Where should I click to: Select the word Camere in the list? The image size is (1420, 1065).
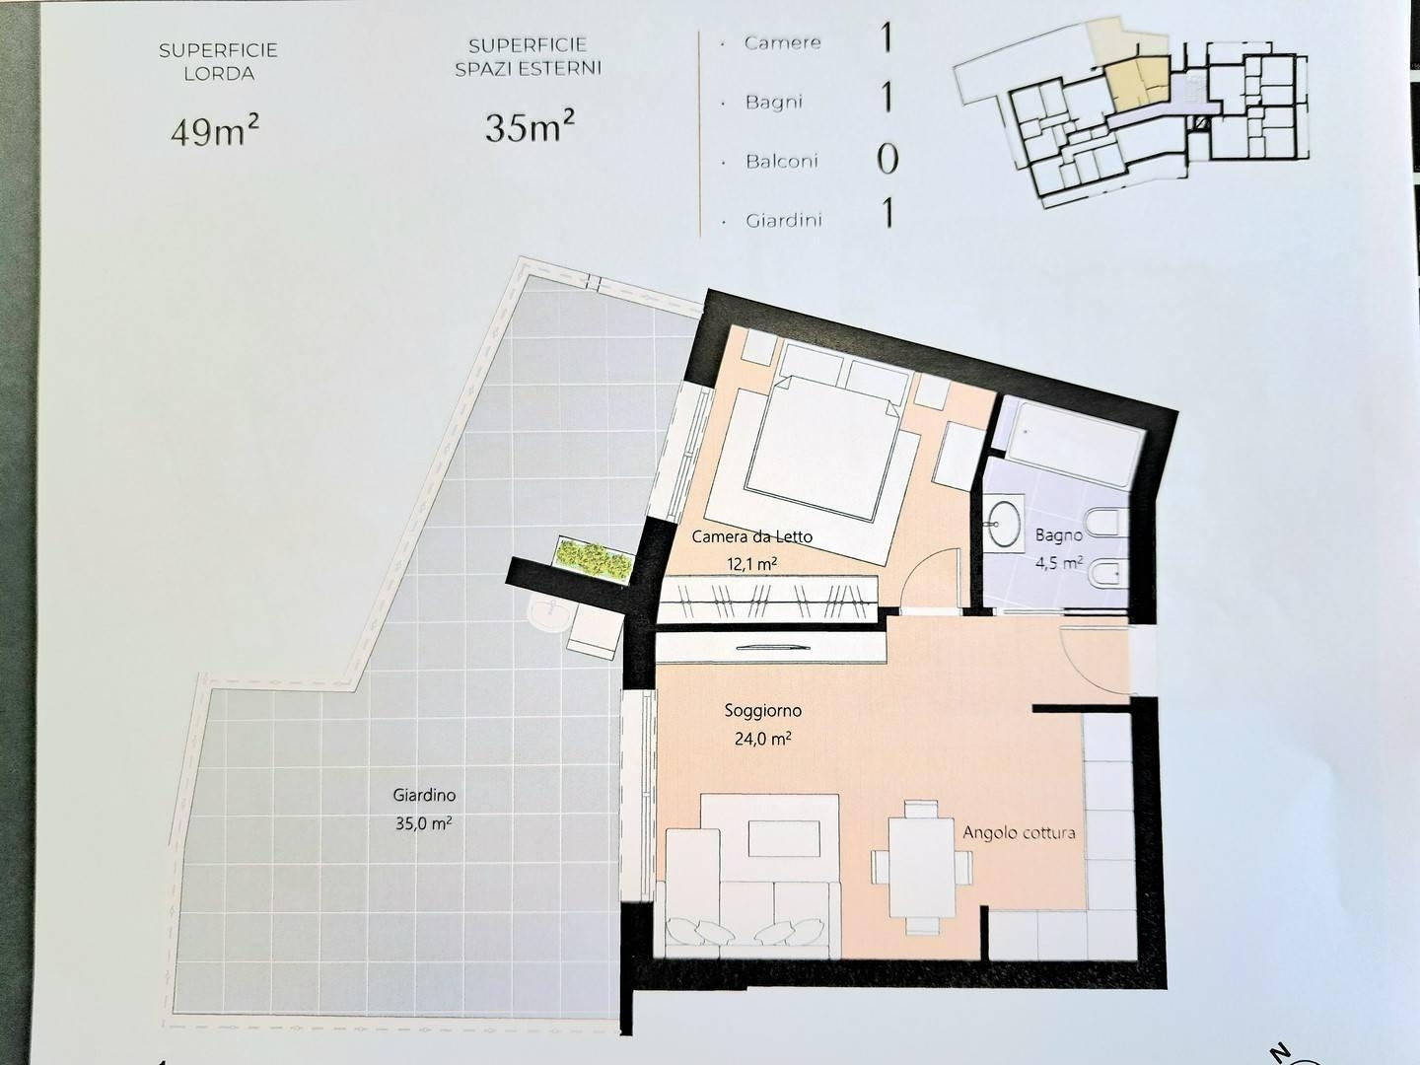pyautogui.click(x=782, y=42)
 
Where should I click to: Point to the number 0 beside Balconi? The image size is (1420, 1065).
pyautogui.click(x=887, y=159)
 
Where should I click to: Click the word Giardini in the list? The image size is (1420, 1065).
pyautogui.click(x=783, y=221)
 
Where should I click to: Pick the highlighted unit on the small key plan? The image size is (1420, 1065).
pyautogui.click(x=1136, y=82)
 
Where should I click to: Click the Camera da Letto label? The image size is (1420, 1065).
pyautogui.click(x=751, y=536)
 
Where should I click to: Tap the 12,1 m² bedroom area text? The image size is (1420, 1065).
pyautogui.click(x=751, y=564)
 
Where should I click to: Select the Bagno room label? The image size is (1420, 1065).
pyautogui.click(x=1058, y=534)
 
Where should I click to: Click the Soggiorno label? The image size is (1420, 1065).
pyautogui.click(x=762, y=711)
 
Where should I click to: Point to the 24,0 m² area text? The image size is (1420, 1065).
pyautogui.click(x=762, y=739)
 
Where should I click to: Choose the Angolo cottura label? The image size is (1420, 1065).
pyautogui.click(x=1019, y=832)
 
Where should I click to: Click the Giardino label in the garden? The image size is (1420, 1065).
pyautogui.click(x=424, y=796)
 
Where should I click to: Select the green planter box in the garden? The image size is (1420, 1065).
pyautogui.click(x=594, y=559)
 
